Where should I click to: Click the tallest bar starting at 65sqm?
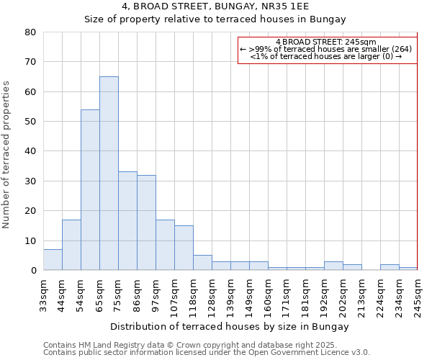click(x=109, y=173)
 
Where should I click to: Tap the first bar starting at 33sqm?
click(x=53, y=260)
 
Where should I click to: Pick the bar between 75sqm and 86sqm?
click(x=127, y=220)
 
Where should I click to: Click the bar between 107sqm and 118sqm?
click(x=184, y=248)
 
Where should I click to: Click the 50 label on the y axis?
click(x=30, y=122)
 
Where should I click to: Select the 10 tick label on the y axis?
click(x=30, y=241)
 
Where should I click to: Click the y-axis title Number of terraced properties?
click(x=7, y=154)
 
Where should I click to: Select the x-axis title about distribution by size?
click(x=230, y=326)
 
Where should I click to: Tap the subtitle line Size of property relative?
click(x=215, y=19)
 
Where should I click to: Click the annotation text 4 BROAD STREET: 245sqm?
click(x=325, y=42)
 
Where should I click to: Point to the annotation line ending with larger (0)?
click(x=325, y=56)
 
